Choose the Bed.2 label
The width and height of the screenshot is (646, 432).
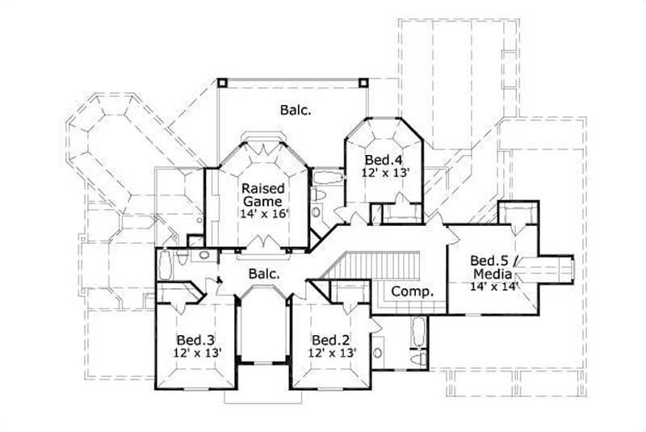329,339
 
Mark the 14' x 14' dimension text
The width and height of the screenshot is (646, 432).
492,285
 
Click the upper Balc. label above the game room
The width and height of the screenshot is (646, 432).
296,109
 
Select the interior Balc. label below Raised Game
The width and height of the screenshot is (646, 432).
263,274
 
